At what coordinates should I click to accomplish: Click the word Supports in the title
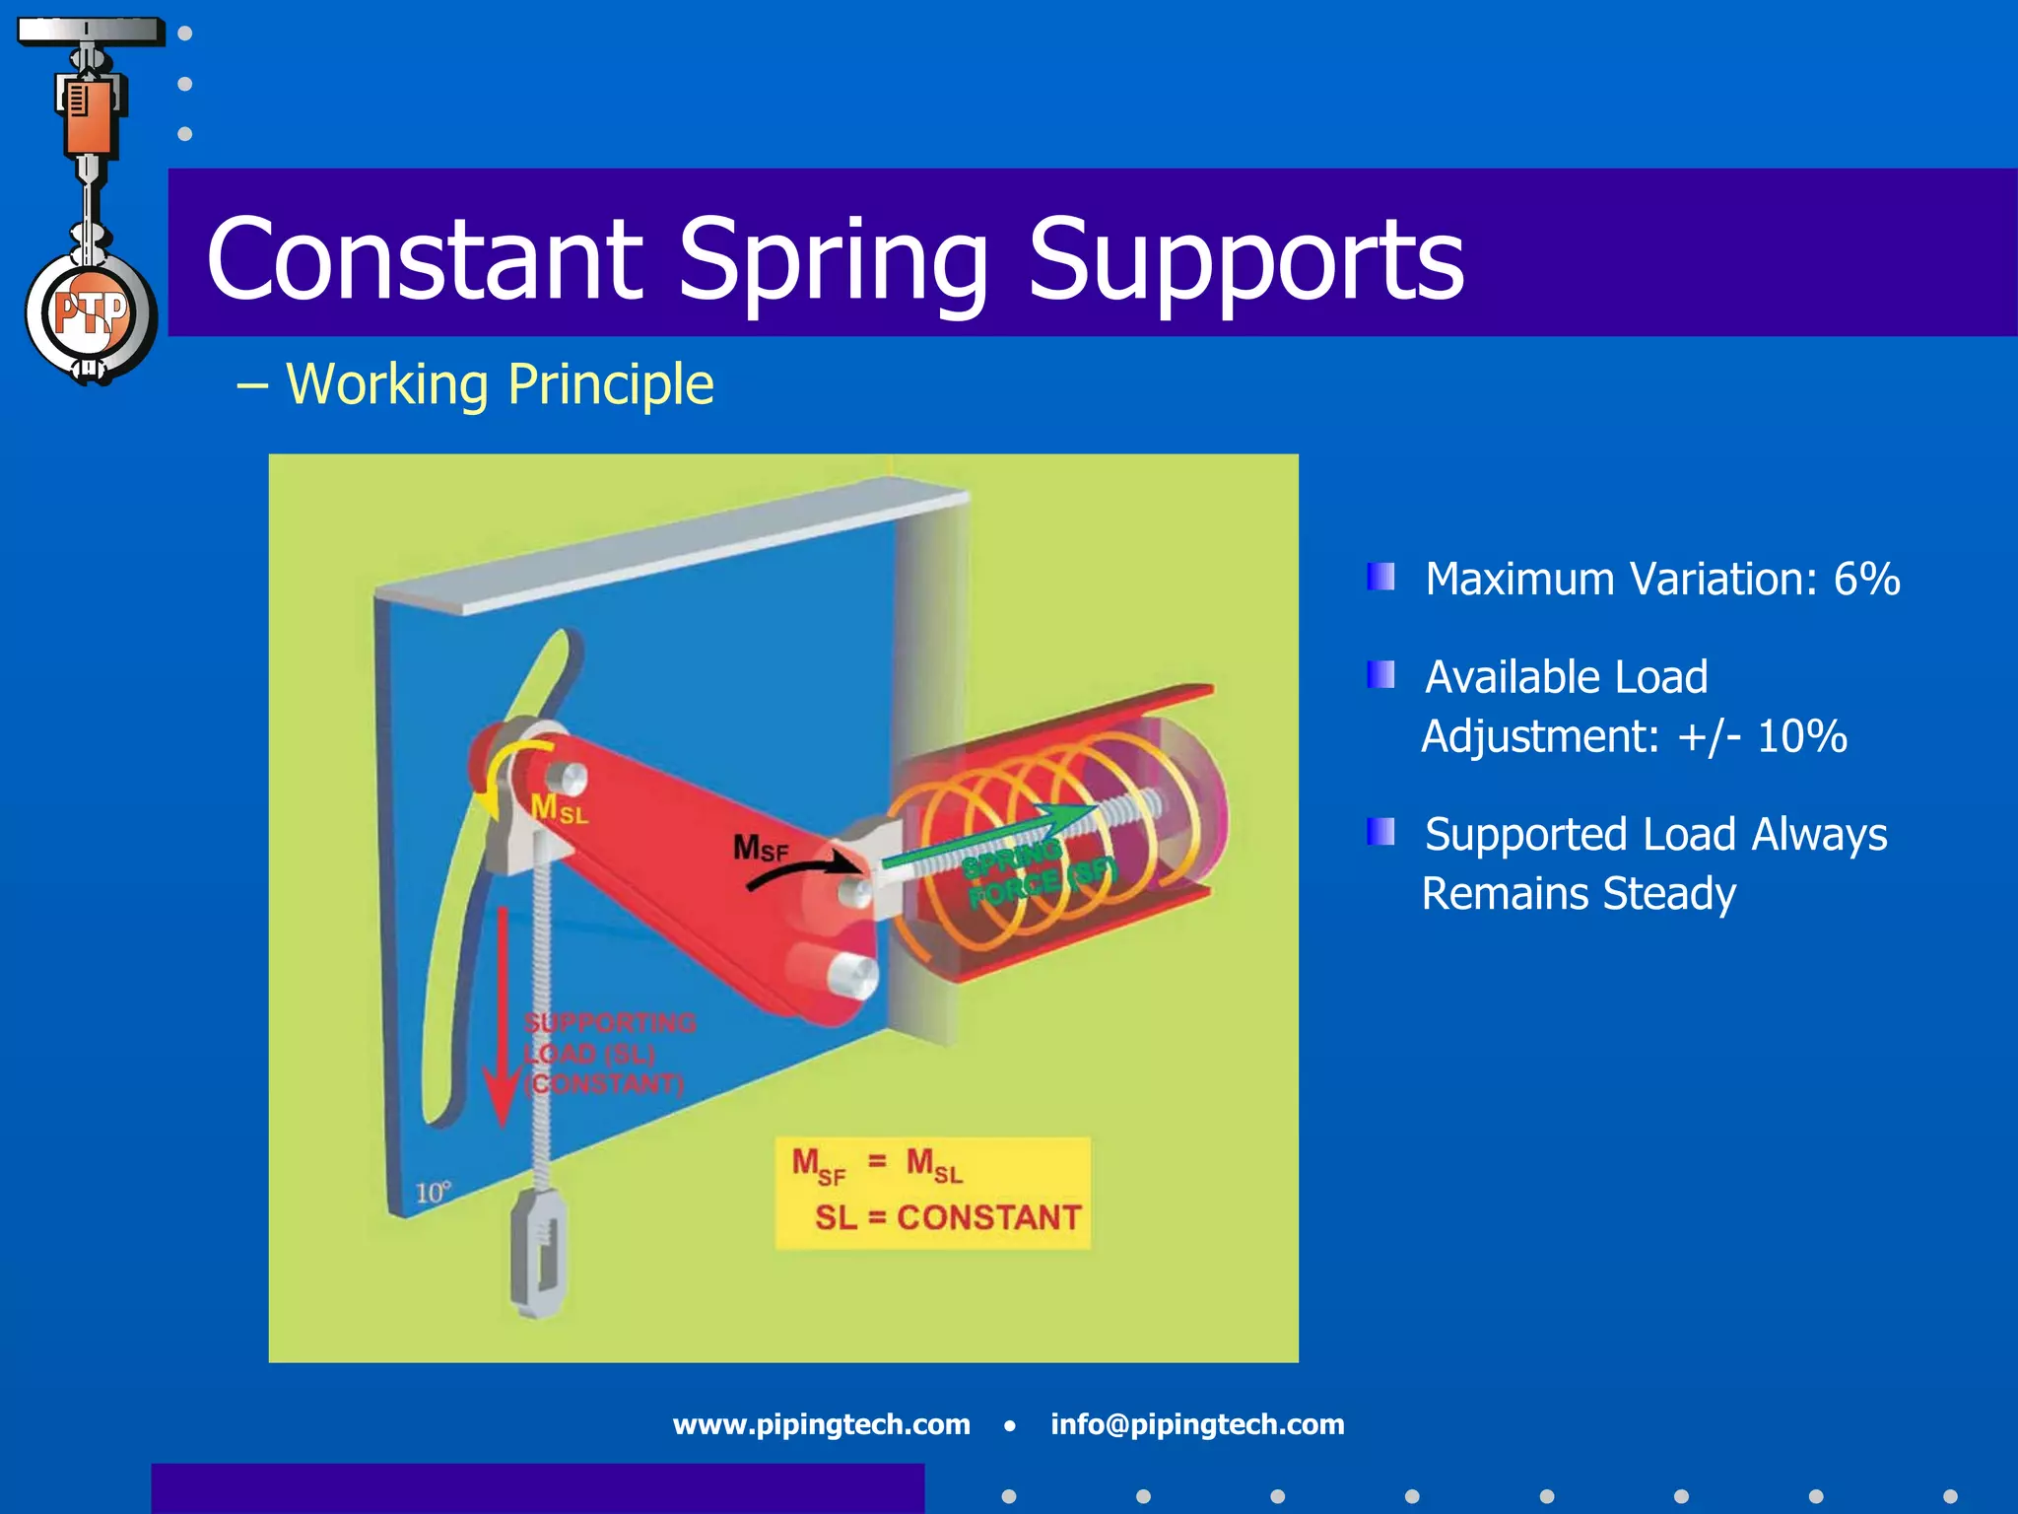(x=1245, y=260)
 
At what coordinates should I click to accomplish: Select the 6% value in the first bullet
(x=1866, y=579)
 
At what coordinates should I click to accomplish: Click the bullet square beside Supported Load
(x=1380, y=832)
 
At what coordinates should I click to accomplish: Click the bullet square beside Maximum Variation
(x=1380, y=577)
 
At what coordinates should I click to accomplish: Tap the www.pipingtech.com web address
(x=821, y=1424)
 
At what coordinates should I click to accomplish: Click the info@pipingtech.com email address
(x=1197, y=1424)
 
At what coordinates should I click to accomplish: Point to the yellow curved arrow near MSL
(x=507, y=774)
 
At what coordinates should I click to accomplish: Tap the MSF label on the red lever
(x=760, y=848)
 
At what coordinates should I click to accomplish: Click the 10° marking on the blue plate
(x=432, y=1193)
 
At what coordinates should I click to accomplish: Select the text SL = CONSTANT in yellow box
(x=947, y=1217)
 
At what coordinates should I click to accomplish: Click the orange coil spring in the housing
(x=1044, y=848)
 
